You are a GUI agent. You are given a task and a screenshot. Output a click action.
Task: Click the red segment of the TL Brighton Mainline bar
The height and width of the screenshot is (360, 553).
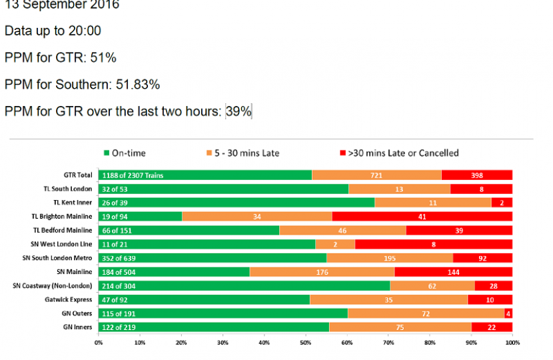(422, 217)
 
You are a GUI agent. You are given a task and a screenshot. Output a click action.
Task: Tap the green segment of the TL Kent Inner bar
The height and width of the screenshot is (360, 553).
(237, 203)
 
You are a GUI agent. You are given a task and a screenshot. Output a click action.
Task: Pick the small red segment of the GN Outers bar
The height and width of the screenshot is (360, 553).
(508, 313)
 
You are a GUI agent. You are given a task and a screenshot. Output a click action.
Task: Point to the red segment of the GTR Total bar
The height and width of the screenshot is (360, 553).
(476, 175)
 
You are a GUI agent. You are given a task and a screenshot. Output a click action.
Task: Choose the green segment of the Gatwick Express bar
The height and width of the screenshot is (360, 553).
(204, 299)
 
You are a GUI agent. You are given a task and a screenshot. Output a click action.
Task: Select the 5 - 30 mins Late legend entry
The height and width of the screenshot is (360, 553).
(243, 153)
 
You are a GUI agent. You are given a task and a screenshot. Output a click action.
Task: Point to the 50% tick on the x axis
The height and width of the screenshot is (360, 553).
(305, 343)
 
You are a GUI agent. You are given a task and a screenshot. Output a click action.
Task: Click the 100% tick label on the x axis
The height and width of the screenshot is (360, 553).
(512, 343)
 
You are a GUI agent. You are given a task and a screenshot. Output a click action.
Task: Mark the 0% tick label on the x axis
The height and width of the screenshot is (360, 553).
(99, 343)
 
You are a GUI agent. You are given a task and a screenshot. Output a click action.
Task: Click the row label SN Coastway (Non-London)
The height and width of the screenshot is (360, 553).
(53, 286)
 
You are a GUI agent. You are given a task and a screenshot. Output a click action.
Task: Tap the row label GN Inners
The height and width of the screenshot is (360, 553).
(77, 327)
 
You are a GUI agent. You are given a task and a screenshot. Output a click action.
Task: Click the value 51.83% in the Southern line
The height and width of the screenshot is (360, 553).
(136, 85)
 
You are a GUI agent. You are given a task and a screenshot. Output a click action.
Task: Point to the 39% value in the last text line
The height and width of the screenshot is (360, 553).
(239, 111)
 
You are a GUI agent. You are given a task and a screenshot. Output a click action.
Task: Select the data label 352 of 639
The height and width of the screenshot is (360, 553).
(118, 258)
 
